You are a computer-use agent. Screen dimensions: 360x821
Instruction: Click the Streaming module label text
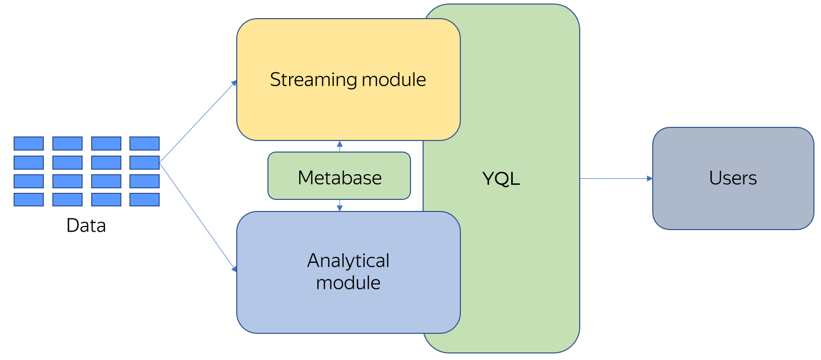tap(348, 80)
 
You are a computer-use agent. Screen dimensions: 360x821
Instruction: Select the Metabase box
tap(339, 176)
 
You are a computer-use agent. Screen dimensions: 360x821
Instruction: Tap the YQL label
tap(501, 179)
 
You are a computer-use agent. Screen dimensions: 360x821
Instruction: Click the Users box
tap(733, 178)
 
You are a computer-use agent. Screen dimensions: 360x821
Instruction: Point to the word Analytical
tap(348, 261)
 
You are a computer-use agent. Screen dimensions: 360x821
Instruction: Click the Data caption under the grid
tap(86, 226)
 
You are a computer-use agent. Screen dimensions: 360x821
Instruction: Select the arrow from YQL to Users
tap(614, 178)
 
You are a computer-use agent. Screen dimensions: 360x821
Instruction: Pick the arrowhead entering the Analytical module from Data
tap(234, 269)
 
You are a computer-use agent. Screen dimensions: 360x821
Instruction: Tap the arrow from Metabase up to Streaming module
tap(339, 146)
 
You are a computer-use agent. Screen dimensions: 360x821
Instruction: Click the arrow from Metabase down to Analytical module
tap(339, 205)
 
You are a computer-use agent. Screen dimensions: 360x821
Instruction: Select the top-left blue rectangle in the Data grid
tap(29, 143)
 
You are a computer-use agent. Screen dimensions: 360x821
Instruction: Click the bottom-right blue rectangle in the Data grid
tap(145, 199)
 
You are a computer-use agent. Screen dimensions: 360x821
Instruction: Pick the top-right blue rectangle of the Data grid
tap(145, 143)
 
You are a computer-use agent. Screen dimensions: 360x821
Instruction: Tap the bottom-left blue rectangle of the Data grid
tap(29, 199)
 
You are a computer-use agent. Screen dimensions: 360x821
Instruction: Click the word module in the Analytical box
tap(348, 283)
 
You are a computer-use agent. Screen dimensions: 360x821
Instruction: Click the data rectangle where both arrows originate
tap(145, 162)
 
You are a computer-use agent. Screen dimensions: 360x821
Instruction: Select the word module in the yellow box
tap(394, 80)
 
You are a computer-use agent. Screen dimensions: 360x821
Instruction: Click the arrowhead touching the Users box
tap(650, 178)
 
